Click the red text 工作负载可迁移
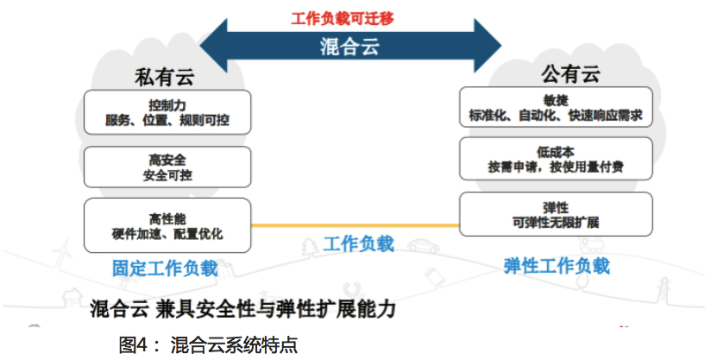343,19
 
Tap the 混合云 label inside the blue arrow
349,47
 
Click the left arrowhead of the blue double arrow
214,46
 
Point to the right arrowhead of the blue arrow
488,46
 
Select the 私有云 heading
164,77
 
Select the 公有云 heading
570,74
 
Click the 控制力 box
167,112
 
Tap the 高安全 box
167,167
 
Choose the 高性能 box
167,225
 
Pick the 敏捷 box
556,107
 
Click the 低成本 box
556,159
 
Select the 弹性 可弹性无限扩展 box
556,214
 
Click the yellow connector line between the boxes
355,224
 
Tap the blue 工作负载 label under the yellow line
359,244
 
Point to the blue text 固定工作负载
165,268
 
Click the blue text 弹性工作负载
557,266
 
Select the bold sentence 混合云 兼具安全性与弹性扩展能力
243,309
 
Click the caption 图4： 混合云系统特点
208,345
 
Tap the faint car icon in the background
423,246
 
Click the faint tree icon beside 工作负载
311,248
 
